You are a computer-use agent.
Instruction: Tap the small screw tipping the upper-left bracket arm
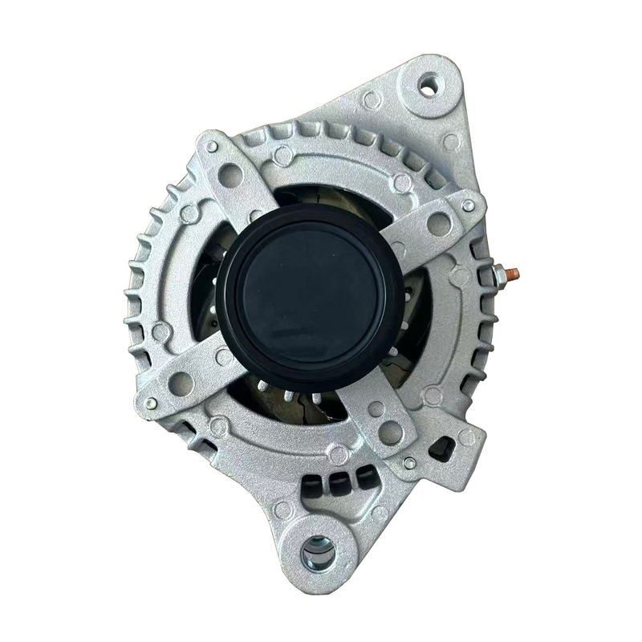[x=211, y=148]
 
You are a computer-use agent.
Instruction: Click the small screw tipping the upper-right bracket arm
[x=468, y=205]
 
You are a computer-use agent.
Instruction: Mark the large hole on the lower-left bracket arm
[x=181, y=383]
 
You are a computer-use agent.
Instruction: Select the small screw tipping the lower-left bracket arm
[x=151, y=403]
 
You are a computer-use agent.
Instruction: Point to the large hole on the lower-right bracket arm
[x=391, y=432]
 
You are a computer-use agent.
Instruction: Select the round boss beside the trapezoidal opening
[x=466, y=437]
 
